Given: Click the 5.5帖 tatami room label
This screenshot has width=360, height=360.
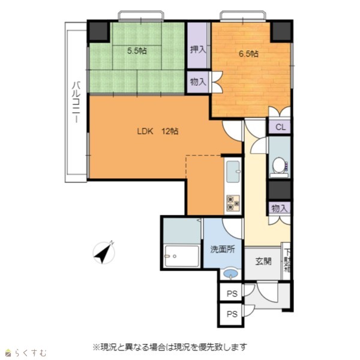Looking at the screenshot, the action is [x=137, y=51].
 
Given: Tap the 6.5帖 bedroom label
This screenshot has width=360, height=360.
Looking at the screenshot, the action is [x=248, y=54].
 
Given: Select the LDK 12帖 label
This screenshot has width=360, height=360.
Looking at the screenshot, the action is [x=158, y=131].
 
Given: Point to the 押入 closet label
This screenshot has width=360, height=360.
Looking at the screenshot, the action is [x=197, y=50].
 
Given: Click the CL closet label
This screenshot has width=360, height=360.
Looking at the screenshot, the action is [x=280, y=127].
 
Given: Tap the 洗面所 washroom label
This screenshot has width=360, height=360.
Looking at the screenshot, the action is [x=223, y=250].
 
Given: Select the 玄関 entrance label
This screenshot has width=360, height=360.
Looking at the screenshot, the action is [x=263, y=261].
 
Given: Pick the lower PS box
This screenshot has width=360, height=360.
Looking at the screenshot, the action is [x=231, y=314].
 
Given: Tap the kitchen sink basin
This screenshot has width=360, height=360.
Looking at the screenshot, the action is [x=233, y=171].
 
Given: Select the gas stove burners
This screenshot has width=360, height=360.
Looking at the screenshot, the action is [x=233, y=203].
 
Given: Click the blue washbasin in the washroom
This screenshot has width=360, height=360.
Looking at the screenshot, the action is [x=231, y=274].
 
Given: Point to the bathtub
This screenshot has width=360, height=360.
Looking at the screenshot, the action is [x=182, y=256].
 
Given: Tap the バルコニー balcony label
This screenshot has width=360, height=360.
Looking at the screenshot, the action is [x=76, y=102].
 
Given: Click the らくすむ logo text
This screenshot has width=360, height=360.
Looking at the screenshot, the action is [x=31, y=352].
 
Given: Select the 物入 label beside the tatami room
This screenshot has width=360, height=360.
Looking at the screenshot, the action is [x=198, y=82].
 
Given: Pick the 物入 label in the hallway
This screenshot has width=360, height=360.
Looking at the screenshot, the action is [x=280, y=209].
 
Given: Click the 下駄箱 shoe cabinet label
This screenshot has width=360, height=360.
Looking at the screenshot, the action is [x=287, y=261].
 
